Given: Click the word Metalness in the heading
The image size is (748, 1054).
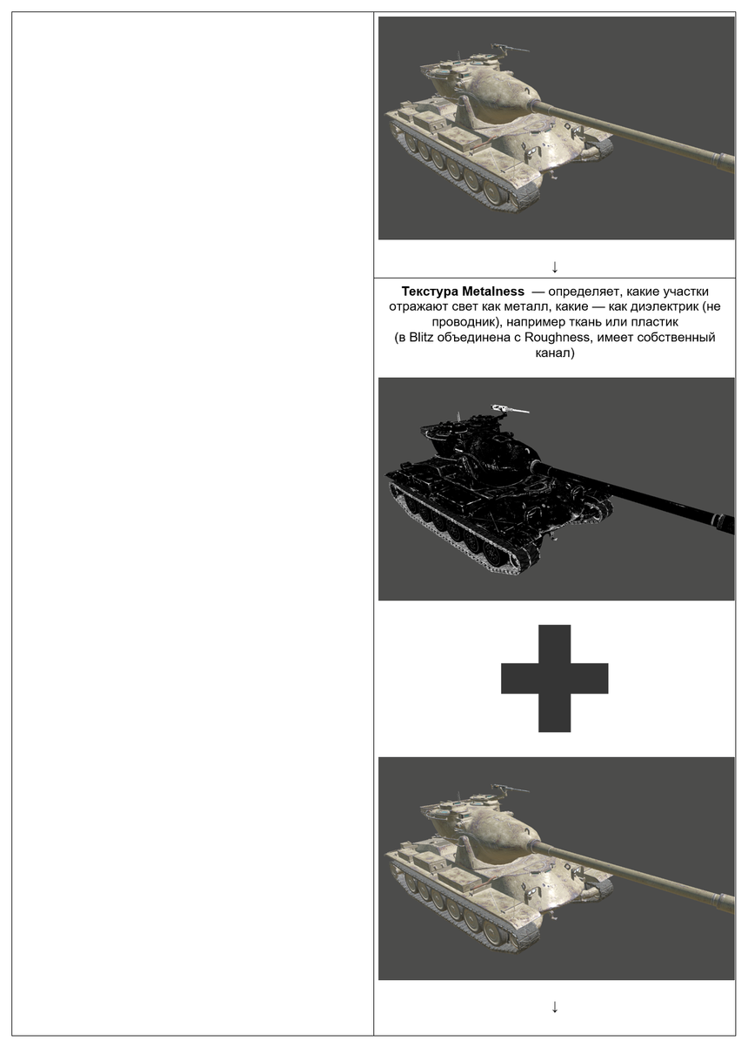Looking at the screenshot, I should click(x=493, y=292).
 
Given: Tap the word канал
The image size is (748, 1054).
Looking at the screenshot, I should click(x=555, y=353).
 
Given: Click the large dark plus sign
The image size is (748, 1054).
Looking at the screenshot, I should click(x=555, y=678).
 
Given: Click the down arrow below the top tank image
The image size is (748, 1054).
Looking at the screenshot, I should click(x=555, y=266).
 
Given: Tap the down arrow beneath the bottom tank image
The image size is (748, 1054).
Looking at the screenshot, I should click(x=555, y=1007).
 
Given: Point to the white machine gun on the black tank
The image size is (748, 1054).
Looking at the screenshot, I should click(x=510, y=409).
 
